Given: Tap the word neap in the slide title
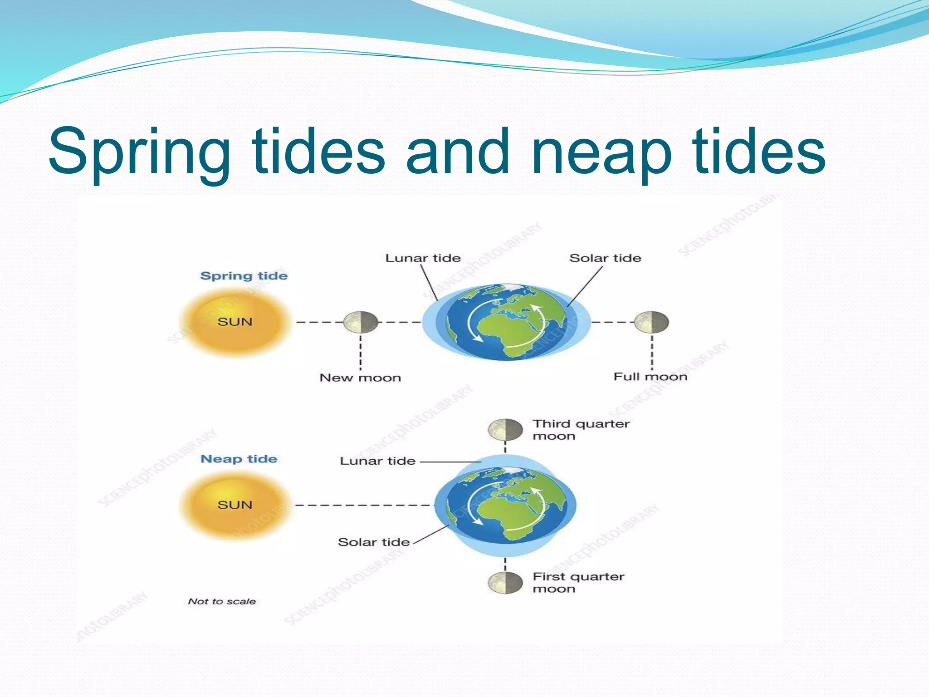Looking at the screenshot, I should (601, 152).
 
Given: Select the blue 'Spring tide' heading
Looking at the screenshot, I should (244, 276).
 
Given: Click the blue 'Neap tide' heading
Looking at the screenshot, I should (239, 459).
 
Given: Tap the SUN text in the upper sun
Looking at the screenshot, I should (235, 322).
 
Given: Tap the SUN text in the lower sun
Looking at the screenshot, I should (235, 505).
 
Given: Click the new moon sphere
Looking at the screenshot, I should (361, 322).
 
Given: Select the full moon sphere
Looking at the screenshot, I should (651, 322).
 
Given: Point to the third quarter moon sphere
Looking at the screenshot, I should (505, 430).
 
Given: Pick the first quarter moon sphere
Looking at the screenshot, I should (505, 583).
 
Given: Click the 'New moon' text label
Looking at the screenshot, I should (360, 378).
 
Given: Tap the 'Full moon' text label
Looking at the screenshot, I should (650, 377).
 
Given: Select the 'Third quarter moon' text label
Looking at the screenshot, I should (581, 430).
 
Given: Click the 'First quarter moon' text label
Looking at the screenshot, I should (578, 583).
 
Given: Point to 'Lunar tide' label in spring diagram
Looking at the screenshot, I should (423, 258).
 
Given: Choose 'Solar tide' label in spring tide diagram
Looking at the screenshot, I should (605, 258).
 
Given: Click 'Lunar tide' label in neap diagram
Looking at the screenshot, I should (377, 461).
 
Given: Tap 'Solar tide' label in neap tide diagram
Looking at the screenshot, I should (374, 542).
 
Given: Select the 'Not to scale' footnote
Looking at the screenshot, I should (222, 601).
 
